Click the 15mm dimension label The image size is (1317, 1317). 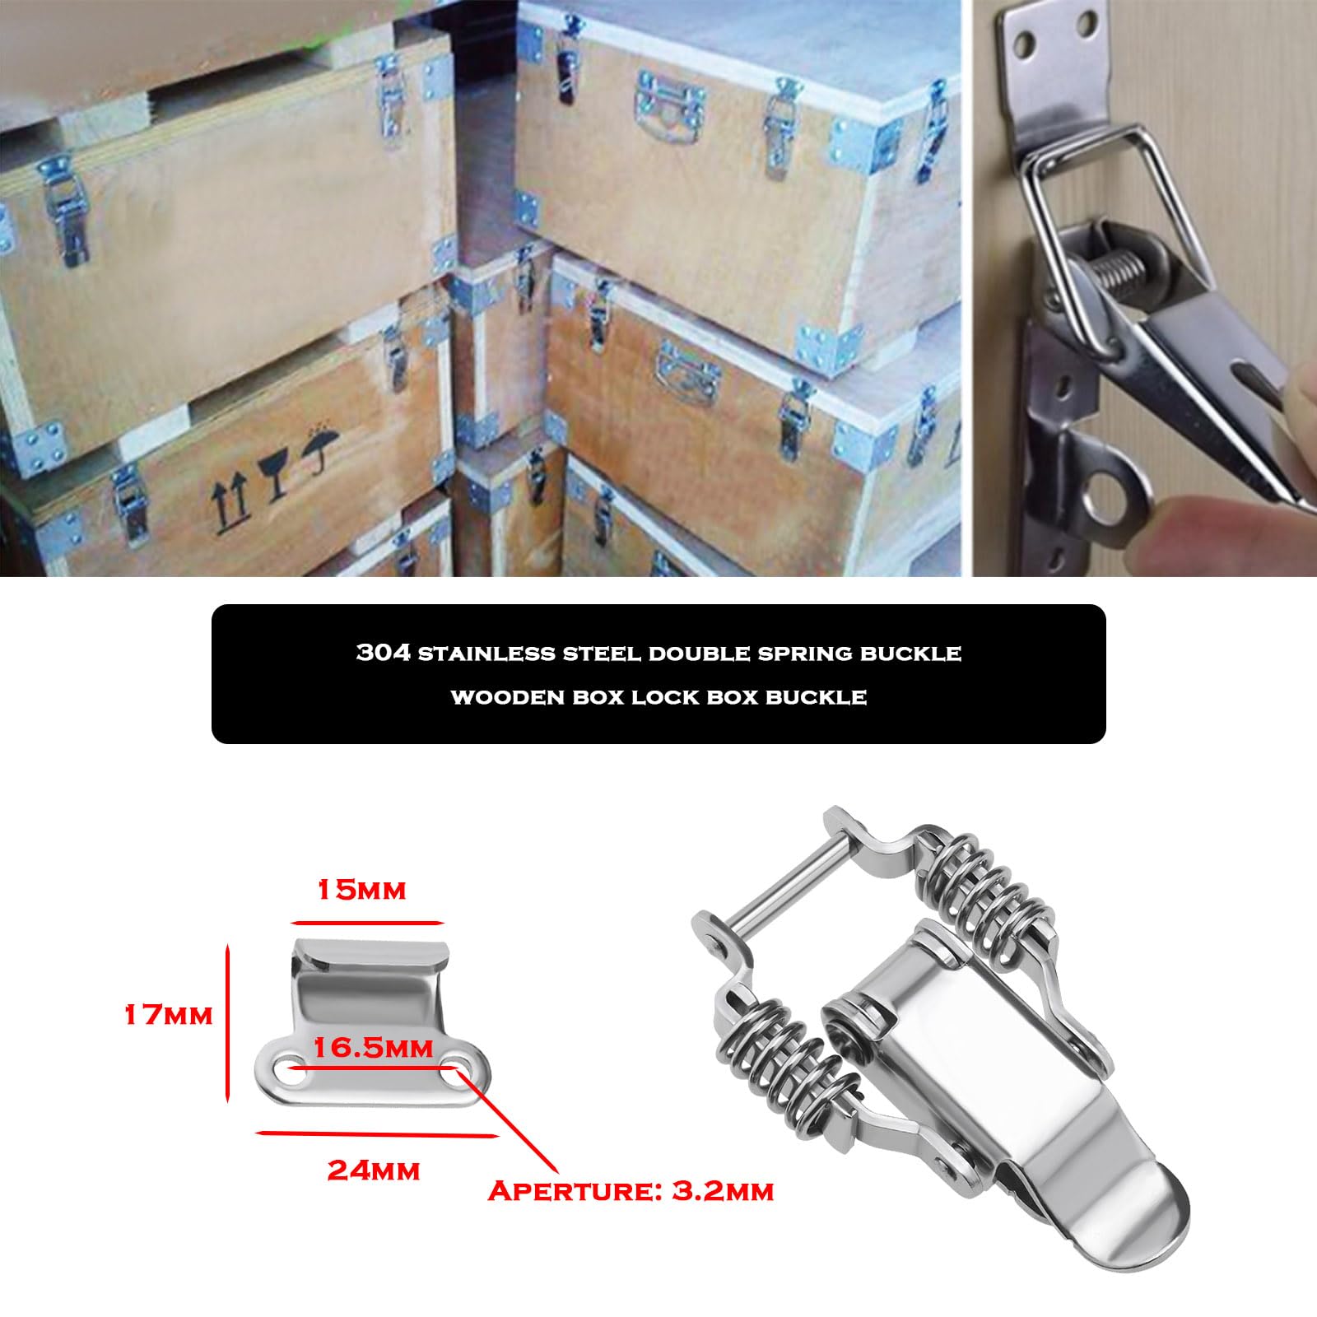click(x=361, y=890)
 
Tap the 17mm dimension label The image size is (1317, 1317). click(x=168, y=1015)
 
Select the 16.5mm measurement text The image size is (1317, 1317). click(x=373, y=1047)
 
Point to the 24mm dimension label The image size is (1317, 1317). click(x=374, y=1170)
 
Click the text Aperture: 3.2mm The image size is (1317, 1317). click(x=631, y=1191)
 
